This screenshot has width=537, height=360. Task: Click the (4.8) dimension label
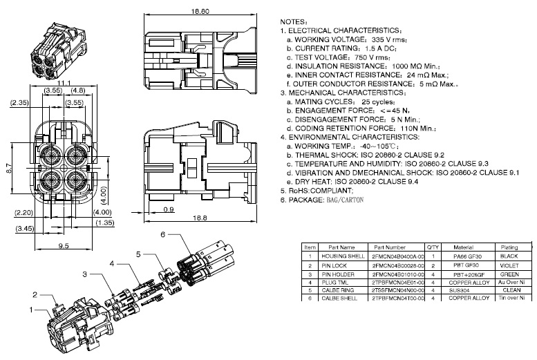77,90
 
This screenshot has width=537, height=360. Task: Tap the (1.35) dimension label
105,222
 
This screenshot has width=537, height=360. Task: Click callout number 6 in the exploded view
162,234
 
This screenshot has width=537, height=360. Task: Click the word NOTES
296,22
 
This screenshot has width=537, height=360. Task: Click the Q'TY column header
433,247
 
